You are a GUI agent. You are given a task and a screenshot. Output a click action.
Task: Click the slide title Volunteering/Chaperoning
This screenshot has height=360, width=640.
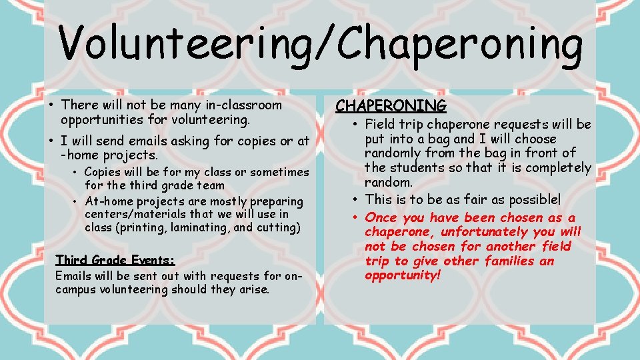[320, 43]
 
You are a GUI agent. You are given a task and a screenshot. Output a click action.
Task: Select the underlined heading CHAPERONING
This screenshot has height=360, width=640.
[391, 106]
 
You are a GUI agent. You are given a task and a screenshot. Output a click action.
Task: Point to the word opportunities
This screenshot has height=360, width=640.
[102, 121]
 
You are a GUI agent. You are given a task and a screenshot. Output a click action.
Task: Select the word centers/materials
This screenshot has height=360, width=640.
[131, 214]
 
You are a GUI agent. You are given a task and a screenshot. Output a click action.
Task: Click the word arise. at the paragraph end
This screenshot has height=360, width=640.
[253, 289]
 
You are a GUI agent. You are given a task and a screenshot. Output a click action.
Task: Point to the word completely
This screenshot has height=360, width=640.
[558, 167]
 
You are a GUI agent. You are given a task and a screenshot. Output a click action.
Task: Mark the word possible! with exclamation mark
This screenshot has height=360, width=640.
[527, 199]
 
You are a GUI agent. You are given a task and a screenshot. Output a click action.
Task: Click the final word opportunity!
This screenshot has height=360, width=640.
[403, 275]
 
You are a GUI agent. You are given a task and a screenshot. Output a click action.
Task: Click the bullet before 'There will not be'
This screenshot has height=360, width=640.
[51, 105]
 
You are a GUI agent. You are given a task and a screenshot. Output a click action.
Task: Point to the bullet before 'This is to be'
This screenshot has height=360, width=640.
[357, 199]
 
